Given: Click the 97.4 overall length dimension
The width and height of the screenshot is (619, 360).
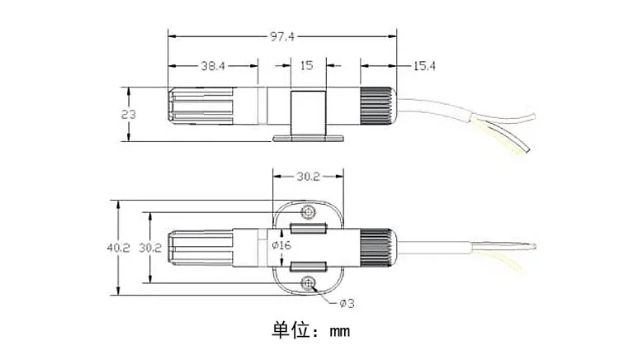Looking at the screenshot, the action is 282,36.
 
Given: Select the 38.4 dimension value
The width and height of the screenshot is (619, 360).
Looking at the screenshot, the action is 213,65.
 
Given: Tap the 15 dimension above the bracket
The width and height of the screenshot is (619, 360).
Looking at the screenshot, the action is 307,65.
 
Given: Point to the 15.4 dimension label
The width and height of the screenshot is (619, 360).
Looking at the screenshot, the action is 424,66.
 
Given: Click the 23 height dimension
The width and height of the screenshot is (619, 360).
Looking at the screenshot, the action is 128,114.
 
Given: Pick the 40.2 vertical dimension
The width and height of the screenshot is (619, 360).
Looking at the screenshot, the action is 118,248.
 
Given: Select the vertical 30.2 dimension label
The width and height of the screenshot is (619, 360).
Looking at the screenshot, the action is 150,248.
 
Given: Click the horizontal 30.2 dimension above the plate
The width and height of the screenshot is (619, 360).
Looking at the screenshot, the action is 308,177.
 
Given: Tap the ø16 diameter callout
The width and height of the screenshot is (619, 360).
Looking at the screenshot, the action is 281,245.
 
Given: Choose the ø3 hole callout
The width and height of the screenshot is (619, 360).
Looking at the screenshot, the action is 347,303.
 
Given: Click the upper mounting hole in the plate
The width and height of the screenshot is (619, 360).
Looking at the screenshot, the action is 308,212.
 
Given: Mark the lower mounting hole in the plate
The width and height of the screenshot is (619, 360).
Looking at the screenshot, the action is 308,283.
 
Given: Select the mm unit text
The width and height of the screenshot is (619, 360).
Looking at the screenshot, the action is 340,331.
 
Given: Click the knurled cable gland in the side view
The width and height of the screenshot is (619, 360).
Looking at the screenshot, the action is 377,107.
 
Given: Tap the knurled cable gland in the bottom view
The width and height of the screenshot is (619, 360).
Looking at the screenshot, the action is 377,248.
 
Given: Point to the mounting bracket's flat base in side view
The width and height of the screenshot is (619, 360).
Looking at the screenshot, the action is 308,138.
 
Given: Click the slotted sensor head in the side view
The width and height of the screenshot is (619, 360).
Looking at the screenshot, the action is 201,105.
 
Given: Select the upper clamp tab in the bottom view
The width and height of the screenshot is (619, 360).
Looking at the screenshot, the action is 308,228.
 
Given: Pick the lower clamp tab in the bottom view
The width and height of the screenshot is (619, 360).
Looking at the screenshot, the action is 308,267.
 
